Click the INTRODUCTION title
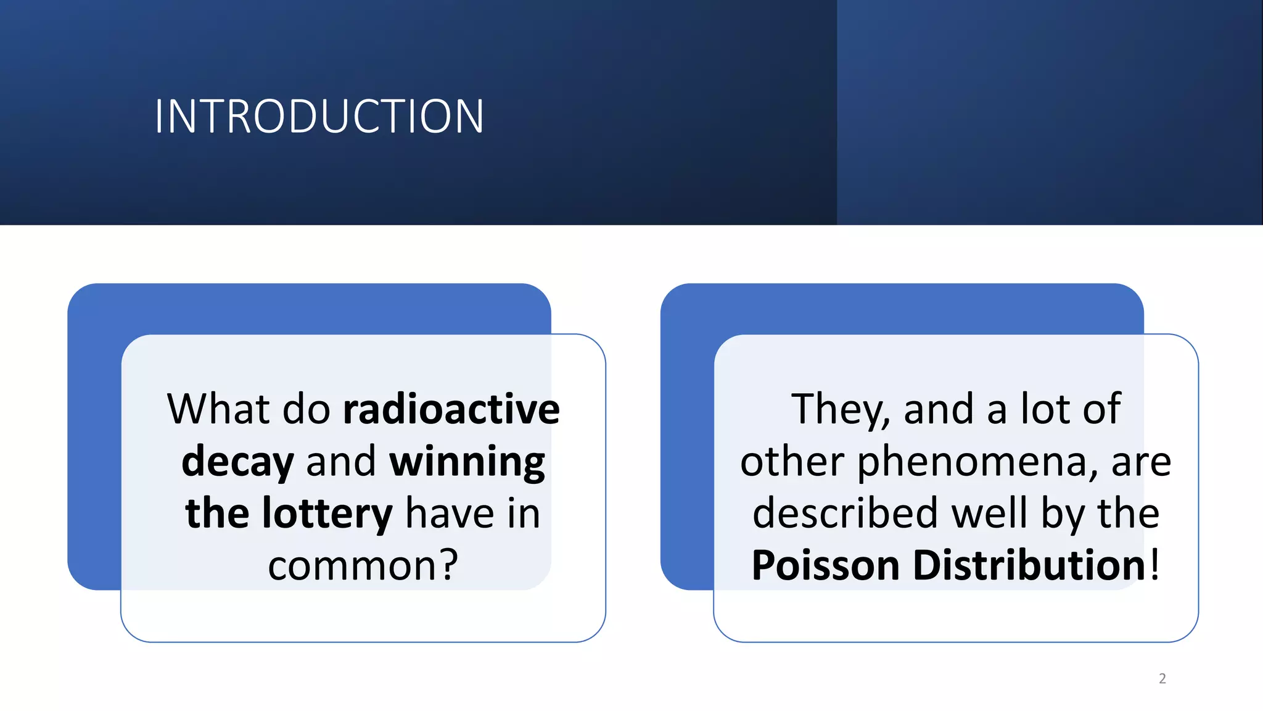point(319,117)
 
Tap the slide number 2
point(1162,678)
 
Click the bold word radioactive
point(451,409)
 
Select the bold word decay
point(237,462)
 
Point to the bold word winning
point(467,462)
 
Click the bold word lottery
point(327,513)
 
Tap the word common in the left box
point(351,565)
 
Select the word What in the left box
point(219,409)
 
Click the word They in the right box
point(841,409)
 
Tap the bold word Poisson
point(825,565)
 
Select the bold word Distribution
point(1029,565)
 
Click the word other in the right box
point(792,462)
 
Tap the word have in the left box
point(450,513)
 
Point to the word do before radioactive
point(306,409)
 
